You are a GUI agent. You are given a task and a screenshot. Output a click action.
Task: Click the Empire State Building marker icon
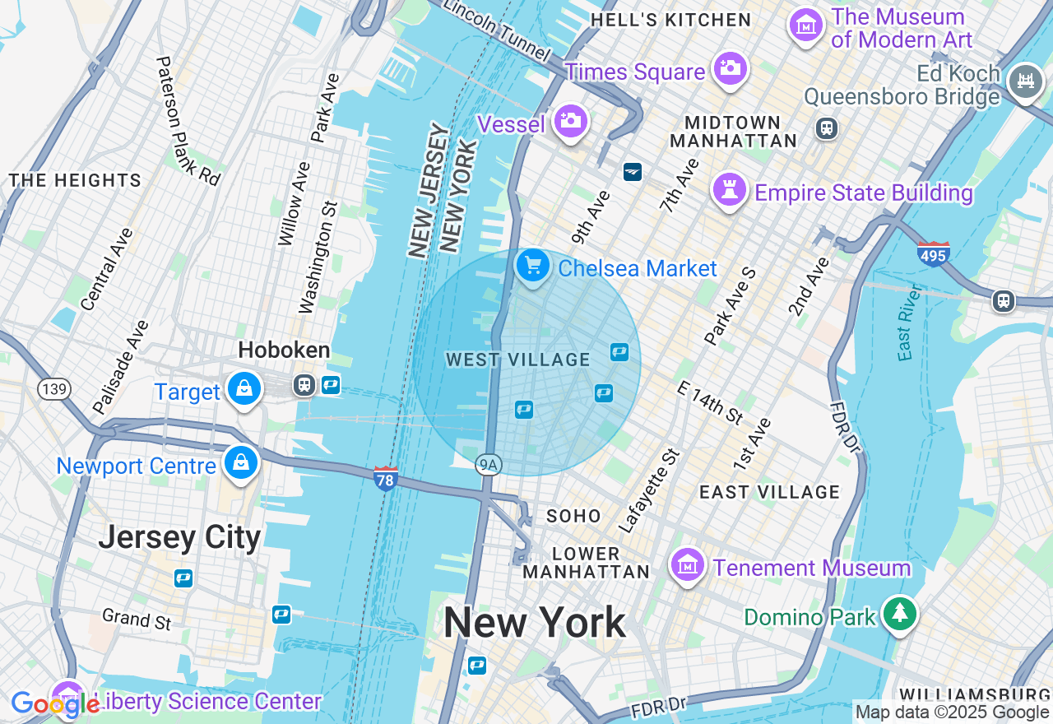pyautogui.click(x=730, y=190)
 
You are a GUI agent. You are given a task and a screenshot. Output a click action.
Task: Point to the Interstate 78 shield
pyautogui.click(x=386, y=478)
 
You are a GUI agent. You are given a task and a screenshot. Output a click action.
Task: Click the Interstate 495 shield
pyautogui.click(x=934, y=254)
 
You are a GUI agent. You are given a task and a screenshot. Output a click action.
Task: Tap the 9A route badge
pyautogui.click(x=489, y=466)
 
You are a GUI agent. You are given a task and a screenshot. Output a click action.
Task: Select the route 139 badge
pyautogui.click(x=54, y=389)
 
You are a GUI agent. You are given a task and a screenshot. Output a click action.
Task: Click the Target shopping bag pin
pyautogui.click(x=244, y=389)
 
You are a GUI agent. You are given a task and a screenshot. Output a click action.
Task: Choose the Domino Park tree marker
pyautogui.click(x=901, y=614)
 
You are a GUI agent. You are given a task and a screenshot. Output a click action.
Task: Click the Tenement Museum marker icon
pyautogui.click(x=687, y=565)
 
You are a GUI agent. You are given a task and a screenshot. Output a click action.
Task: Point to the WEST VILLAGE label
pyautogui.click(x=518, y=360)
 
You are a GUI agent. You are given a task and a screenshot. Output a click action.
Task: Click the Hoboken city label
pyautogui.click(x=284, y=350)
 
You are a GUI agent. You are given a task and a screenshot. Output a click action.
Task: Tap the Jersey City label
pyautogui.click(x=179, y=537)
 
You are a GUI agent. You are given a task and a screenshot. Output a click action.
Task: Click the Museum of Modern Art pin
pyautogui.click(x=806, y=26)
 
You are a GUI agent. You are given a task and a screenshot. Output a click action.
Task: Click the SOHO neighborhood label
pyautogui.click(x=574, y=516)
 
